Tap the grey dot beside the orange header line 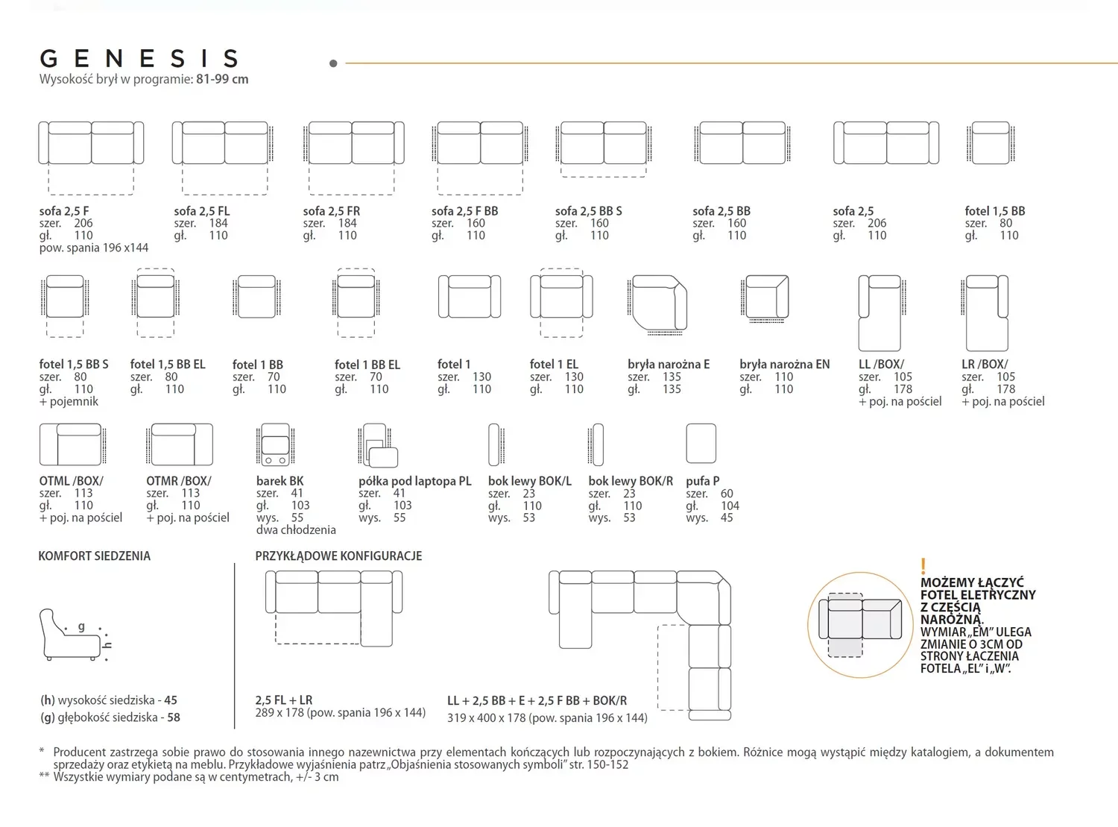point(333,63)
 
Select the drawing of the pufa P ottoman point(701,443)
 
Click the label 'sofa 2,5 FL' point(202,211)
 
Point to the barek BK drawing point(275,444)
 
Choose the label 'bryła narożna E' point(669,364)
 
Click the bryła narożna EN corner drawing point(765,298)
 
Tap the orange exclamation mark point(923,566)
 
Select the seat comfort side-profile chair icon point(75,635)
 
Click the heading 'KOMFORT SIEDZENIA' point(94,556)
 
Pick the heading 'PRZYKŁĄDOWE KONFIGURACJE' point(338,556)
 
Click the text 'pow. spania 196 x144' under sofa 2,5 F point(94,248)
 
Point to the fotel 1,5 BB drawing point(991,143)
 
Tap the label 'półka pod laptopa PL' point(415,481)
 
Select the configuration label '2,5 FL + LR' point(284,700)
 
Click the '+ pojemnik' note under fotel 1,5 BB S point(69,401)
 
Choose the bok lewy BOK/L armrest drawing point(496,444)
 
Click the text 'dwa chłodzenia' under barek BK point(296,530)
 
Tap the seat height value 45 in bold point(171,700)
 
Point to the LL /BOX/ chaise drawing point(882,312)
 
